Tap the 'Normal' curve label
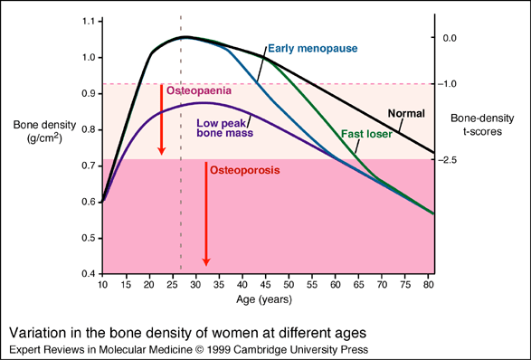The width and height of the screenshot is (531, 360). [406, 113]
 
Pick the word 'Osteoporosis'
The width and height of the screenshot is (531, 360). [245, 169]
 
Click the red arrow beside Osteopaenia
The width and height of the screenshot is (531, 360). [162, 118]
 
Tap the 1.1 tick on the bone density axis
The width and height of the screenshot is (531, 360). [86, 21]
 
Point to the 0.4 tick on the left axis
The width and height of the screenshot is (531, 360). [86, 274]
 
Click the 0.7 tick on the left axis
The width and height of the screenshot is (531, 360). [86, 166]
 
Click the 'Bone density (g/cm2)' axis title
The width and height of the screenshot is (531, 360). [38, 128]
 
